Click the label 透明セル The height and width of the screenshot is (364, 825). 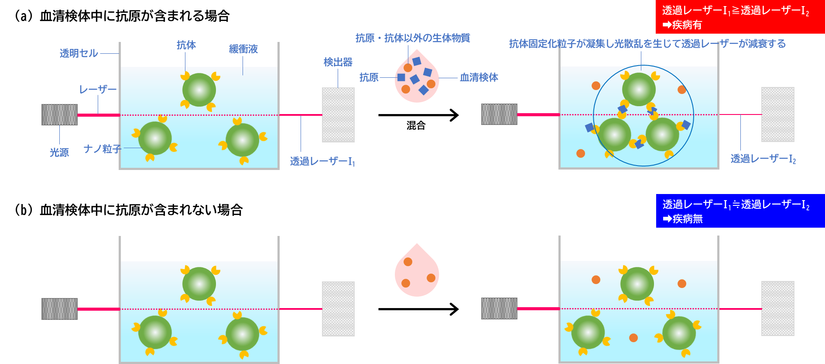(79, 53)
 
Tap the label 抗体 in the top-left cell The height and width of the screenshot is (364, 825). (186, 45)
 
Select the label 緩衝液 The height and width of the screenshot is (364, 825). (243, 49)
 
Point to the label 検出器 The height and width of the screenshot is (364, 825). (338, 62)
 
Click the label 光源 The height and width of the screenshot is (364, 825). (59, 153)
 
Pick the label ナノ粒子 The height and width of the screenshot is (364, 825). (102, 149)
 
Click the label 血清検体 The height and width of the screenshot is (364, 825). (479, 77)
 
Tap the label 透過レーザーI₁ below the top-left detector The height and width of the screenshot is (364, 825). (322, 162)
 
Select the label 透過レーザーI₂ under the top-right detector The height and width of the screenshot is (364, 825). (763, 159)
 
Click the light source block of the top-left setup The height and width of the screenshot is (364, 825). (59, 114)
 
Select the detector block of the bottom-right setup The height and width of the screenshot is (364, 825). (777, 309)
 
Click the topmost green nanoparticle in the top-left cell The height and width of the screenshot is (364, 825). (199, 90)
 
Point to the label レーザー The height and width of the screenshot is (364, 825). (98, 90)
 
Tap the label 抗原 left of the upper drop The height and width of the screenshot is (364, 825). (369, 77)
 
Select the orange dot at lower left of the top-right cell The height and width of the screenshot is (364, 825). (581, 153)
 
